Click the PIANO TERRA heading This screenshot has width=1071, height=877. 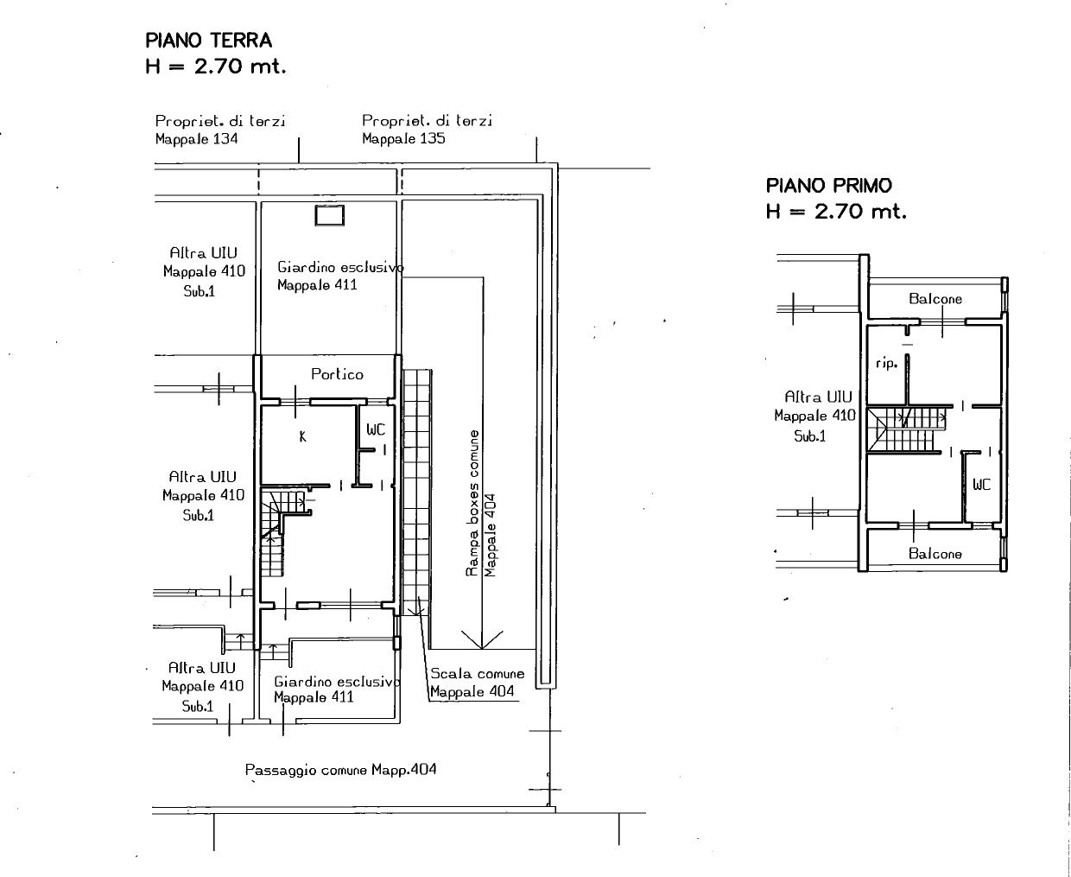coord(209,41)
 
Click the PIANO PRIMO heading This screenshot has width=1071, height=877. coord(829,186)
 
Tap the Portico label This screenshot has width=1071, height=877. coord(337,374)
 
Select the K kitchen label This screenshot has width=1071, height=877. coord(302,436)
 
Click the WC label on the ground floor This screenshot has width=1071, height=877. coord(376,430)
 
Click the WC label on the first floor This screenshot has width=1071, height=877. coord(982,484)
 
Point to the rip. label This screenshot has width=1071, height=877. coord(887,363)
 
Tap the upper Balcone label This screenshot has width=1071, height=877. coord(935,299)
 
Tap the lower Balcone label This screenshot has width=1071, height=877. coord(935,553)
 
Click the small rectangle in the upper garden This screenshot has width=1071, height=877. coord(330,215)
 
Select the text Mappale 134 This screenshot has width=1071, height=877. coord(197,139)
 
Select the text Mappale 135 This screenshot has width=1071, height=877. coord(403,138)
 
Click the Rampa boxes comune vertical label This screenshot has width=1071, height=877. coord(472,503)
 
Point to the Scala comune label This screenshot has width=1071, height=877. coord(478,674)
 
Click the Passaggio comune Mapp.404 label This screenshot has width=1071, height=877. coord(341,770)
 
